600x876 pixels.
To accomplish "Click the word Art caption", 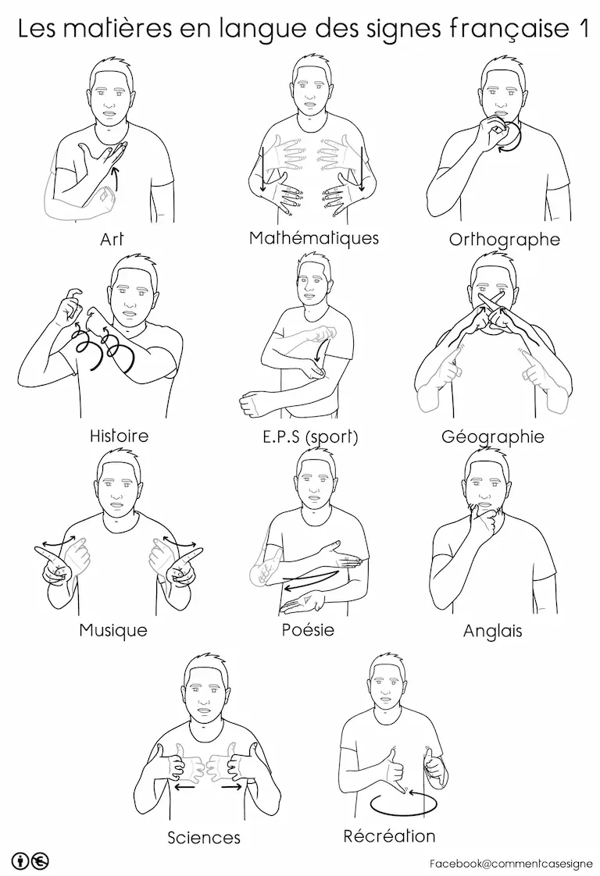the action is pyautogui.click(x=111, y=239).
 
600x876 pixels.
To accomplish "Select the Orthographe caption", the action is pyautogui.click(x=505, y=240).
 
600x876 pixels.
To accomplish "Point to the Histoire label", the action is pyautogui.click(x=119, y=435).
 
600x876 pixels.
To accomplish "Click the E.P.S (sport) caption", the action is pyautogui.click(x=310, y=436).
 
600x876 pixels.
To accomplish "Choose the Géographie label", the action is pyautogui.click(x=493, y=436).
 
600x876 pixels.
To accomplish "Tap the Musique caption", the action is pyautogui.click(x=113, y=630).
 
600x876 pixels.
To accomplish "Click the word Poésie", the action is pyautogui.click(x=308, y=629).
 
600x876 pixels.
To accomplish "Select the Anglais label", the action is pyautogui.click(x=493, y=632).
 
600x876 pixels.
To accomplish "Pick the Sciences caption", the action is pyautogui.click(x=204, y=838).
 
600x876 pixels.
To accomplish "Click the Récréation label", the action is pyautogui.click(x=389, y=835).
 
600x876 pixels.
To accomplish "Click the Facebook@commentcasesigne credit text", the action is pyautogui.click(x=511, y=864).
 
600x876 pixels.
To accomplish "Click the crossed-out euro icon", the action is pyautogui.click(x=41, y=861).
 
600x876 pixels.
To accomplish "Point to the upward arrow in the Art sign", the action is pyautogui.click(x=116, y=177).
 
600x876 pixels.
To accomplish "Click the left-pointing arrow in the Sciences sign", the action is pyautogui.click(x=184, y=787).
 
